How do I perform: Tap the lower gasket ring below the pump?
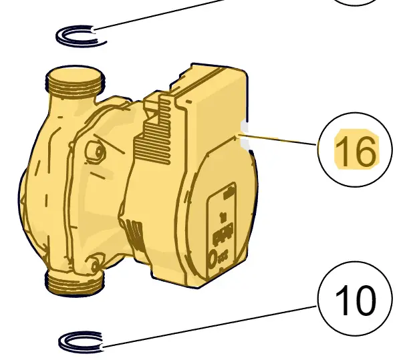click(80, 342)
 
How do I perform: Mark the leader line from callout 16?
click(281, 140)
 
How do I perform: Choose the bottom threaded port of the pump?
click(72, 281)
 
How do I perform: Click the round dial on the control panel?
click(214, 257)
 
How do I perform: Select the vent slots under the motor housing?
click(137, 230)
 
